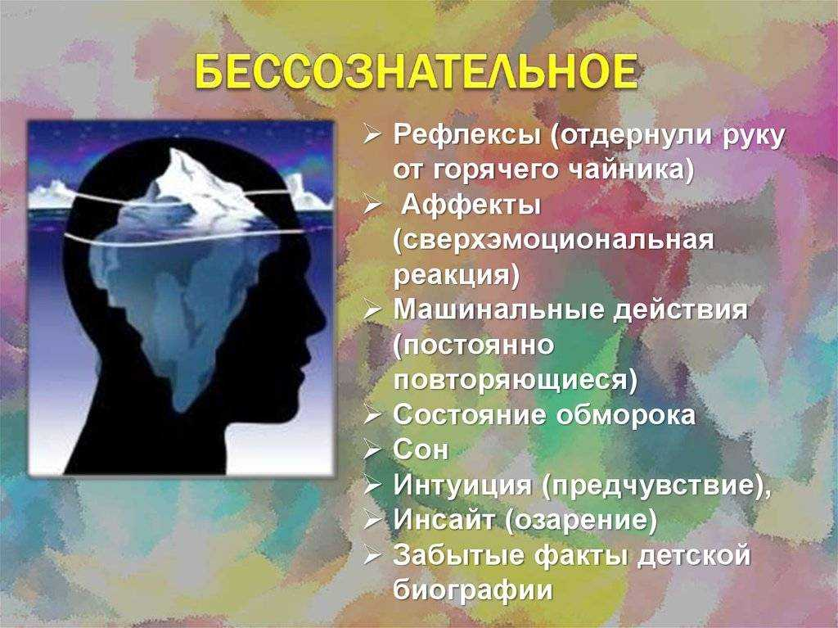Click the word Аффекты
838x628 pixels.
[x=471, y=206]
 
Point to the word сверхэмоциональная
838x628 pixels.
[x=553, y=241]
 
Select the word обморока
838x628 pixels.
[x=626, y=415]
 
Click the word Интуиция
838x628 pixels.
[x=463, y=486]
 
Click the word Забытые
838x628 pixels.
[x=458, y=555]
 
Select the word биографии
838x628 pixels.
[x=473, y=590]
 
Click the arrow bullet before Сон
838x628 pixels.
[x=372, y=451]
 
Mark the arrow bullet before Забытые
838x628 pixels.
[x=372, y=556]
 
